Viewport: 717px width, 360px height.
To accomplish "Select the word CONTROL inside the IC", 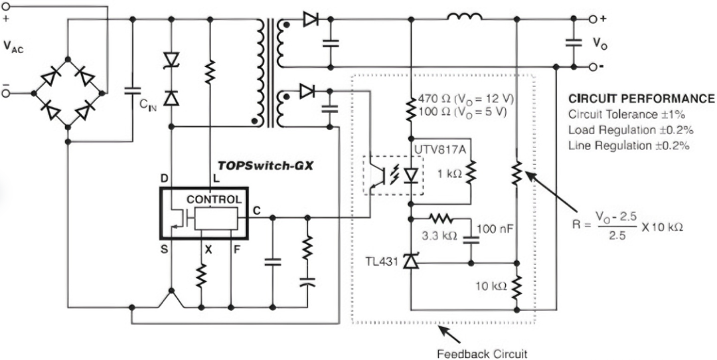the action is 214,200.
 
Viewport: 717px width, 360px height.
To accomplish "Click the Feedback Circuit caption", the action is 482,353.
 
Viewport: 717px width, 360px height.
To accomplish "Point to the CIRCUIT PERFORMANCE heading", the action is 641,98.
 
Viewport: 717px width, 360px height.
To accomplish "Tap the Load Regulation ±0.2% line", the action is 631,130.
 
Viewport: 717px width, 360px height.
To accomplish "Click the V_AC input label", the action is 13,46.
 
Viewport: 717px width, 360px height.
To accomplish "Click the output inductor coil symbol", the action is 465,17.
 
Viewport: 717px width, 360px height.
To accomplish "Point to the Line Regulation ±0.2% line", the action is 629,145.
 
